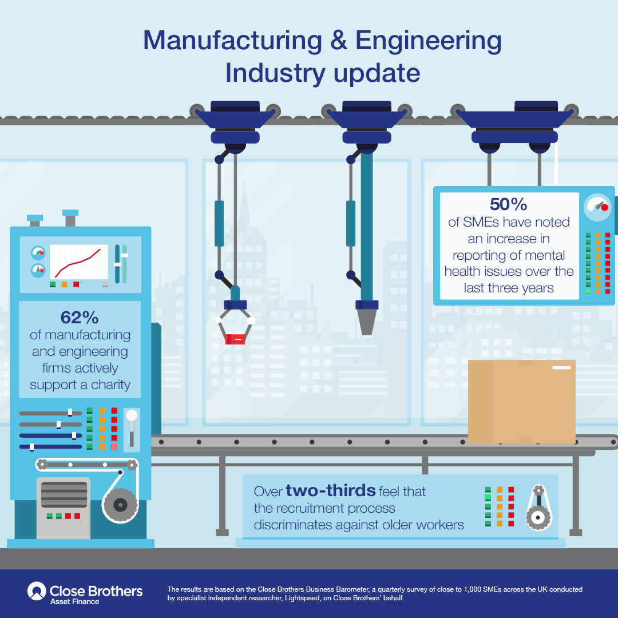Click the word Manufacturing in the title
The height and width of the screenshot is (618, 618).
tap(232, 41)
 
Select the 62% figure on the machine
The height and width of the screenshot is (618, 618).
tap(80, 317)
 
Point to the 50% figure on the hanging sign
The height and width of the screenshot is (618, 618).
tap(509, 204)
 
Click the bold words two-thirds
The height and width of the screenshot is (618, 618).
tap(331, 490)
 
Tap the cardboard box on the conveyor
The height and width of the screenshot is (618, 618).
tap(521, 401)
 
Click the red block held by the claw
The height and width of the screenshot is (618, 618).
tap(235, 339)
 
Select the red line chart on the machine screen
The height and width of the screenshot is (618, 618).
tap(78, 263)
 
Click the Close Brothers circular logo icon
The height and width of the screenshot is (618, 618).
tap(37, 591)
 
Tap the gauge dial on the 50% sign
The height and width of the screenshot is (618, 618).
tap(597, 207)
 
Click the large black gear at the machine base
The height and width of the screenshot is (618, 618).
tap(120, 505)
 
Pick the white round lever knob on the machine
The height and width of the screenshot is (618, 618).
tap(132, 415)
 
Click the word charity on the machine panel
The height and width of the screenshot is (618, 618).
tap(110, 385)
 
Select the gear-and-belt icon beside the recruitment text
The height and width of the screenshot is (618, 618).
tap(538, 508)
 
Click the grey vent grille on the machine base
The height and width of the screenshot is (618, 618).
tap(64, 494)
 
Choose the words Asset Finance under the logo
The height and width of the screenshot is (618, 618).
tap(74, 602)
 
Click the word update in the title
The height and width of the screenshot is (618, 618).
tap(377, 74)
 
